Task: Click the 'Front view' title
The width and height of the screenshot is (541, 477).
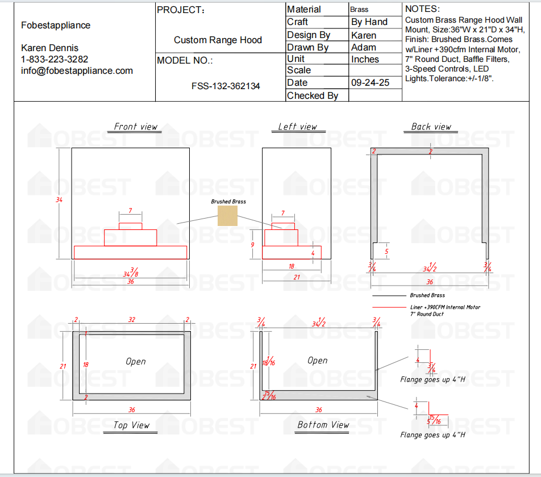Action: (x=135, y=127)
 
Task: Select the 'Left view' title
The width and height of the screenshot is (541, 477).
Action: (x=297, y=127)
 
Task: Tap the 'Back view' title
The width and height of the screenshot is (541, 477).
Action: (x=431, y=127)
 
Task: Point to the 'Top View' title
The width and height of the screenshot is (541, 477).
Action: (x=131, y=425)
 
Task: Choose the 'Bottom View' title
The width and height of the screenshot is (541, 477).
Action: (x=323, y=425)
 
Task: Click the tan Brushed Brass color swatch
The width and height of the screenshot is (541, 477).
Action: (x=227, y=215)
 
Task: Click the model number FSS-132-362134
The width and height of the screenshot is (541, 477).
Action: (x=226, y=86)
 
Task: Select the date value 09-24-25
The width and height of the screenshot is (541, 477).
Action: (x=370, y=83)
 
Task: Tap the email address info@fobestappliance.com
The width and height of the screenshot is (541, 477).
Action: (x=77, y=71)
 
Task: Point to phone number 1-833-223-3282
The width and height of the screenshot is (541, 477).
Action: (x=55, y=60)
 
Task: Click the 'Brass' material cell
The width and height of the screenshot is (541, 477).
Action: (x=359, y=10)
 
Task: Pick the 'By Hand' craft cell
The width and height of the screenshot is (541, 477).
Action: (x=369, y=22)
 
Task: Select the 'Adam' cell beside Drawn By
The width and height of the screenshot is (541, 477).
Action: (x=364, y=47)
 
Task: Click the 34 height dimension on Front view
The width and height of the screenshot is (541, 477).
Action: (x=60, y=200)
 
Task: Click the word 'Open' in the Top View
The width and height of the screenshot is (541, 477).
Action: (x=136, y=361)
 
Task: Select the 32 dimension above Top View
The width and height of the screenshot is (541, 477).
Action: (x=132, y=320)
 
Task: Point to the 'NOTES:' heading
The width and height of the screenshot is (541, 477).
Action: (x=422, y=9)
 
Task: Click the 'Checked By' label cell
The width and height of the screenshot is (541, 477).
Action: (x=313, y=95)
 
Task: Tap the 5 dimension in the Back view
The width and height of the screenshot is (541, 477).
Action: (x=386, y=251)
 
